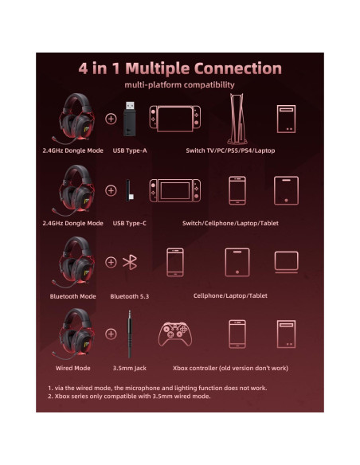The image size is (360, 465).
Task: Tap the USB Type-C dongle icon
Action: [130, 191]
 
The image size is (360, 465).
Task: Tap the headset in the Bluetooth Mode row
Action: [76, 261]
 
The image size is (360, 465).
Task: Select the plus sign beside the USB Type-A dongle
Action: [111, 119]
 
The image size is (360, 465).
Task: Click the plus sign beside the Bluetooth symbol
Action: [111, 262]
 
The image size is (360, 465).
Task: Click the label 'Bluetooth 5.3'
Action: [130, 296]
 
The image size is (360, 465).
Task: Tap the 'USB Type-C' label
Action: [130, 223]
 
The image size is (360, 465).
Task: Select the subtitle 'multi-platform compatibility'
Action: [179, 84]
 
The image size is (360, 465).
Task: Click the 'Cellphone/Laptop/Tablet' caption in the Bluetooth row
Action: [230, 296]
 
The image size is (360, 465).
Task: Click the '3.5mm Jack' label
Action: [130, 368]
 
